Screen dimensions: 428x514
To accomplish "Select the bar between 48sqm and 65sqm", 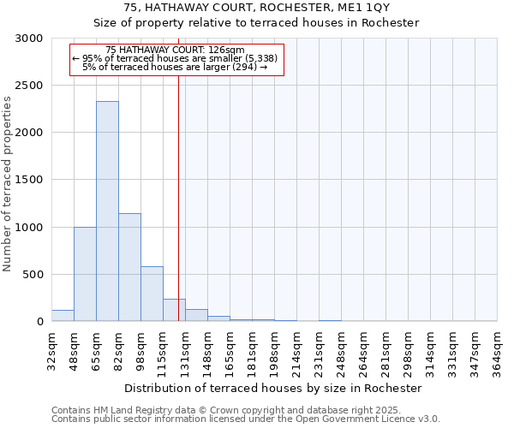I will pos(85,274).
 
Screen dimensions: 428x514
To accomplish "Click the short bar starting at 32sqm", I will pos(63,316).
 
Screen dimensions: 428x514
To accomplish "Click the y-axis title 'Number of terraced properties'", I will pos(8,184).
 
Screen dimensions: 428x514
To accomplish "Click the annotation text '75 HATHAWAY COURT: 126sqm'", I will pos(176,50).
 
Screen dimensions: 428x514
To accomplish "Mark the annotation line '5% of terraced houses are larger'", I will pos(176,67).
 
